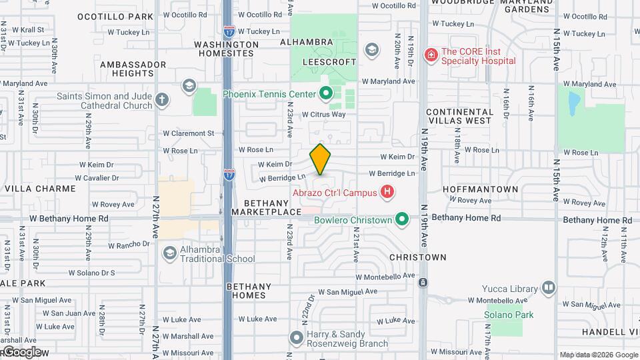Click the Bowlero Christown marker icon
tap(402, 219)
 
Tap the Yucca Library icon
tap(549, 287)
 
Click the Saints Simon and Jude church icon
tap(162, 101)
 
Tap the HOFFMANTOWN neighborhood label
tap(480, 189)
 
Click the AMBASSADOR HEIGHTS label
tap(133, 69)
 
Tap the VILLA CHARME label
tap(40, 189)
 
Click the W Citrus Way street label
tap(324, 115)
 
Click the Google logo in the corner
tap(21, 352)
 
